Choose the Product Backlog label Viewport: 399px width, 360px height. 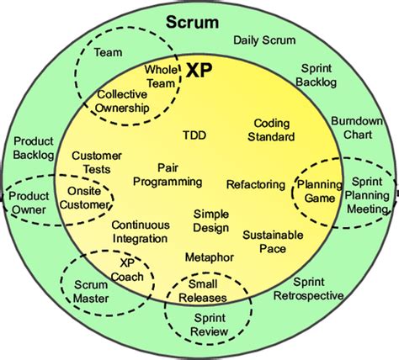click(x=35, y=149)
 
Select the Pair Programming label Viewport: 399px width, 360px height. click(x=168, y=174)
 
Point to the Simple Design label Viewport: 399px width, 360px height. click(x=210, y=221)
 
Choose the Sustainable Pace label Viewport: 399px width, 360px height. click(x=273, y=242)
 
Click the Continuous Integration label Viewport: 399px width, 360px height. click(x=140, y=232)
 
